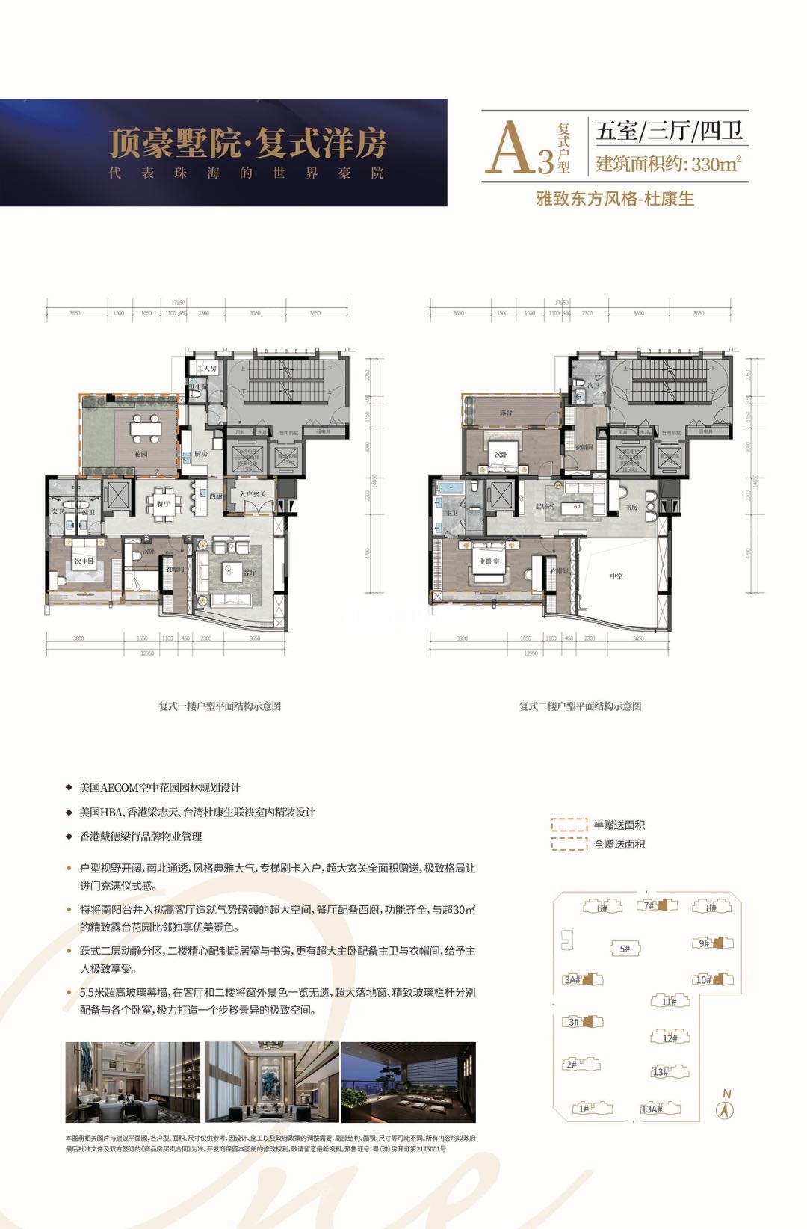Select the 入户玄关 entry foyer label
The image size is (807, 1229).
(x=258, y=493)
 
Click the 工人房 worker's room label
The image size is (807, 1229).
(x=205, y=369)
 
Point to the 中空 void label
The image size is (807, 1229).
(x=616, y=575)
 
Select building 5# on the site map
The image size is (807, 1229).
(x=624, y=949)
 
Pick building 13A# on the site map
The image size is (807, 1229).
(x=651, y=1109)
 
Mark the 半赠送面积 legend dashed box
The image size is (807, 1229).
(x=569, y=825)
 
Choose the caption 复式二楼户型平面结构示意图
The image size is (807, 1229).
(x=581, y=706)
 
